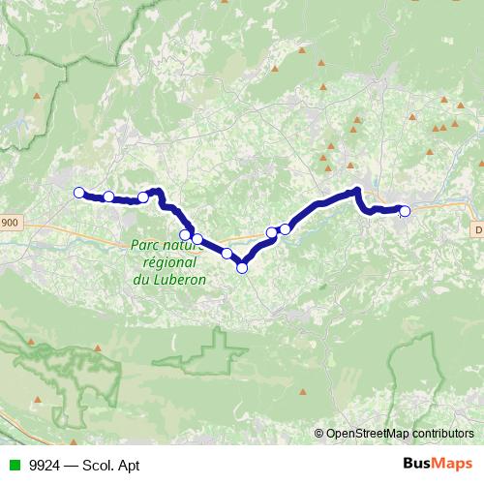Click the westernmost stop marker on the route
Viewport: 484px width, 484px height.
79,192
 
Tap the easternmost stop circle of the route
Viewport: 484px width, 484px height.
405,211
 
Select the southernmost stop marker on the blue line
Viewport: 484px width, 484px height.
242,268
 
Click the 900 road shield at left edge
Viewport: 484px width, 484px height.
9,223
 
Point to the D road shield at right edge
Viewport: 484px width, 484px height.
478,229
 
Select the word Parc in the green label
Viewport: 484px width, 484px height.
144,246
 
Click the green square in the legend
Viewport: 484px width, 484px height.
12,466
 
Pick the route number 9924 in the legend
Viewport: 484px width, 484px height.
41,466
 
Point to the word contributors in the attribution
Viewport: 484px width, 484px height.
441,434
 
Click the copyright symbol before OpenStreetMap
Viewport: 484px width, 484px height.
319,434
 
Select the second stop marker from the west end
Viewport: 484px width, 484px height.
108,197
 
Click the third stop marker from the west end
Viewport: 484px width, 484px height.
143,197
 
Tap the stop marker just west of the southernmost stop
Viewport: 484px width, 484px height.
227,254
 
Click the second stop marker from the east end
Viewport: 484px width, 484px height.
285,229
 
